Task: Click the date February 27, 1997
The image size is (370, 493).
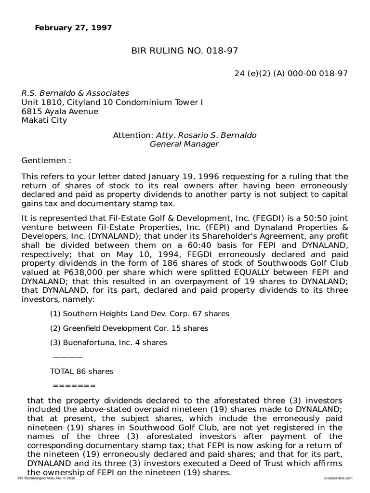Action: tap(73, 28)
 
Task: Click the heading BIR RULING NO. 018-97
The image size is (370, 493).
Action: tap(185, 51)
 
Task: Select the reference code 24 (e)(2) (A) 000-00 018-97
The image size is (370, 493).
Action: tap(291, 73)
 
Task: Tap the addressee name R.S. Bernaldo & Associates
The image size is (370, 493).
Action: tap(75, 93)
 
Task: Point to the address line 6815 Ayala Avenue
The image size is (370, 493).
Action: tap(60, 111)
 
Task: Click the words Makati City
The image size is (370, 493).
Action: tap(44, 120)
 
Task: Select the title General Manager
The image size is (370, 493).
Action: tap(185, 144)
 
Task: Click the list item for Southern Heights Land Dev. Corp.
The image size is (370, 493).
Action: tap(140, 314)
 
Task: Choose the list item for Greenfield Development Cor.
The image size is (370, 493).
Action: tap(129, 328)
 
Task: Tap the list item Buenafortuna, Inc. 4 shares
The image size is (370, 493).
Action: tap(108, 343)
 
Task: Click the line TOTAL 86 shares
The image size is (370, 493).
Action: tap(81, 371)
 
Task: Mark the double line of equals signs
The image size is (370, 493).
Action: tap(74, 386)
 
